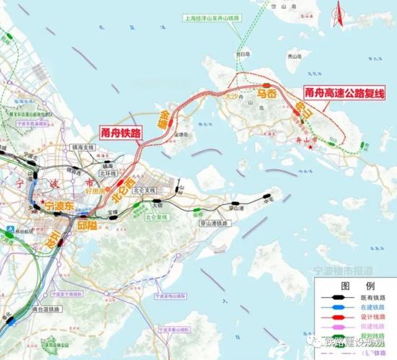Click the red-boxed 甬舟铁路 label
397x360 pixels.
(x=121, y=132)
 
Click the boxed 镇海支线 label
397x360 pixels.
(x=83, y=147)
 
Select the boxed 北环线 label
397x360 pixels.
(x=108, y=173)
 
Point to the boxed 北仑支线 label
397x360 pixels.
(x=144, y=190)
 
